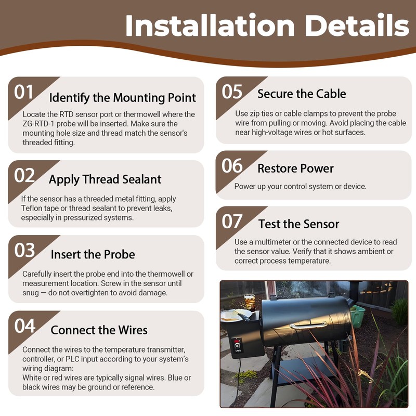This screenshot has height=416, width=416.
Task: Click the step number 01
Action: click(x=23, y=92)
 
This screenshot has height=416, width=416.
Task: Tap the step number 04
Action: click(x=24, y=326)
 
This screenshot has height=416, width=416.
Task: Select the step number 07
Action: click(x=232, y=222)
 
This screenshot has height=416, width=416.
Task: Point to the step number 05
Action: click(x=232, y=92)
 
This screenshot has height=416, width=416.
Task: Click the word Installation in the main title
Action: click(x=210, y=25)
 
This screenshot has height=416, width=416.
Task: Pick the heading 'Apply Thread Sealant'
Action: click(x=105, y=179)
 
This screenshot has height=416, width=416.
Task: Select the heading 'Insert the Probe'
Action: click(x=93, y=254)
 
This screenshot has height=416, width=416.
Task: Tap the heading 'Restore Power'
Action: click(x=295, y=168)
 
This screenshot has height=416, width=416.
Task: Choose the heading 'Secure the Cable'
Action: click(x=302, y=94)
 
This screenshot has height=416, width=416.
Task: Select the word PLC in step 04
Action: click(x=72, y=359)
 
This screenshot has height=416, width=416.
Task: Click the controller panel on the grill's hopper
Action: click(x=237, y=346)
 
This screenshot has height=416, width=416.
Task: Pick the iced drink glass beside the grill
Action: click(x=250, y=302)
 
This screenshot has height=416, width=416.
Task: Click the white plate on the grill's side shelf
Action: click(x=236, y=315)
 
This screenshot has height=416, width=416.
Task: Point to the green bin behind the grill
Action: click(x=357, y=316)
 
